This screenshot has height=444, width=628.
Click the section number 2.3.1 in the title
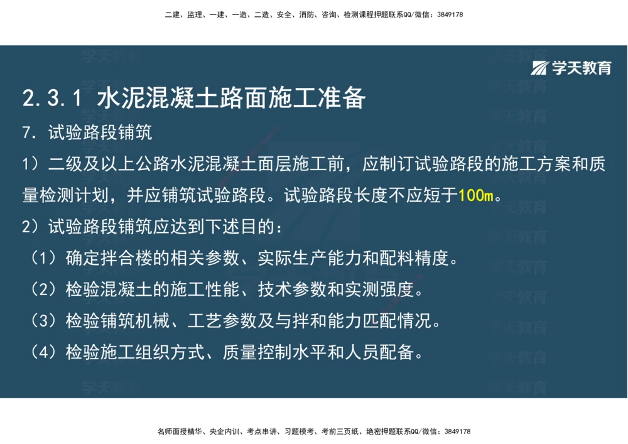(52, 99)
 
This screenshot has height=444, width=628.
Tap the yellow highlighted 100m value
(476, 195)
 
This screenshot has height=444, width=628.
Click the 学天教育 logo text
(582, 68)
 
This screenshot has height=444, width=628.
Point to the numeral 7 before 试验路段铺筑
(26, 133)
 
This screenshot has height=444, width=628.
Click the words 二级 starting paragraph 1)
(65, 165)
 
